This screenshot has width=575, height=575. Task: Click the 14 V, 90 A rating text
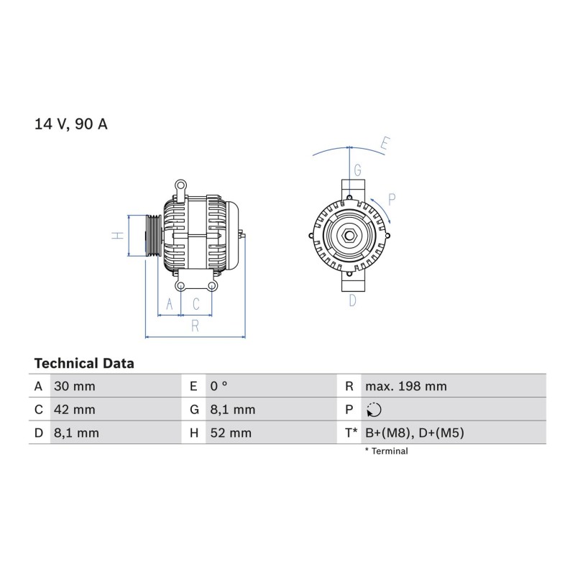pos(70,124)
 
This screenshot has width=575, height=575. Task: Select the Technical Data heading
pos(84,364)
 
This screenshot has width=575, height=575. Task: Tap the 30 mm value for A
pos(75,386)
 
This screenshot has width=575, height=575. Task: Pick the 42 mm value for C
pos(75,410)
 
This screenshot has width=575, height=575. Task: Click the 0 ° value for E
pos(219,386)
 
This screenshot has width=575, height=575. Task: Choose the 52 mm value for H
pos(231,433)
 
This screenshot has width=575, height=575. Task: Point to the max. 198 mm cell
pos(406,386)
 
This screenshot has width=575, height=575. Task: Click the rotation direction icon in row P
pos(374,410)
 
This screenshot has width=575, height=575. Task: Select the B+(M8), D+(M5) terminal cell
pos(415,433)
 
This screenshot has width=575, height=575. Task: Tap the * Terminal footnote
pos(386,451)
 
